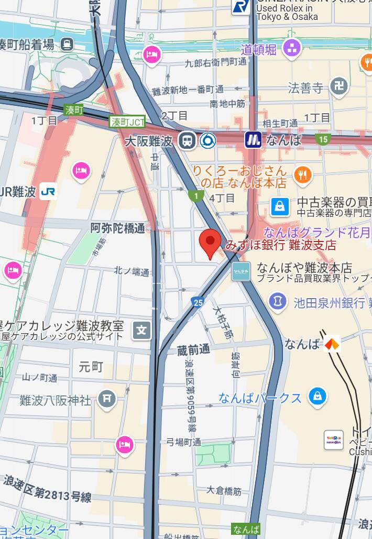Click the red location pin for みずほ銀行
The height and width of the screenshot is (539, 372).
[211, 242]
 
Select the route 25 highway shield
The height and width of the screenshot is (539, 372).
[198, 302]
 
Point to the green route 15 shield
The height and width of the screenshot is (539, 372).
[323, 139]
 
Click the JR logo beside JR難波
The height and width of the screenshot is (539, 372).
[48, 192]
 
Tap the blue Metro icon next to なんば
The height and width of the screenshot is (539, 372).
[254, 139]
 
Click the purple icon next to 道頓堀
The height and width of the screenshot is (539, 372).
[292, 49]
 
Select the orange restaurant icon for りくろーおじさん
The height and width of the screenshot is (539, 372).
[303, 175]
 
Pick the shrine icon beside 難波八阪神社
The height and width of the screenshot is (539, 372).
[107, 400]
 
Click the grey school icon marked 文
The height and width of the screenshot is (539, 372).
[141, 330]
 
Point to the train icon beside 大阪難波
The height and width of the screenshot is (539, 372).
[186, 140]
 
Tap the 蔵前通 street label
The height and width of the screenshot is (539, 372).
[193, 349]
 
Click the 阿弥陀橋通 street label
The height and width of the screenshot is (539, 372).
[118, 228]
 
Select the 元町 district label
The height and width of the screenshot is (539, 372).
[91, 367]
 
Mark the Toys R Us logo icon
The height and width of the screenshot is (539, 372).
[334, 439]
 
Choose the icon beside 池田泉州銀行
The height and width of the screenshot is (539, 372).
[278, 301]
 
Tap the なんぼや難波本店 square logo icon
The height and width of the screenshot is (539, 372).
[242, 271]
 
